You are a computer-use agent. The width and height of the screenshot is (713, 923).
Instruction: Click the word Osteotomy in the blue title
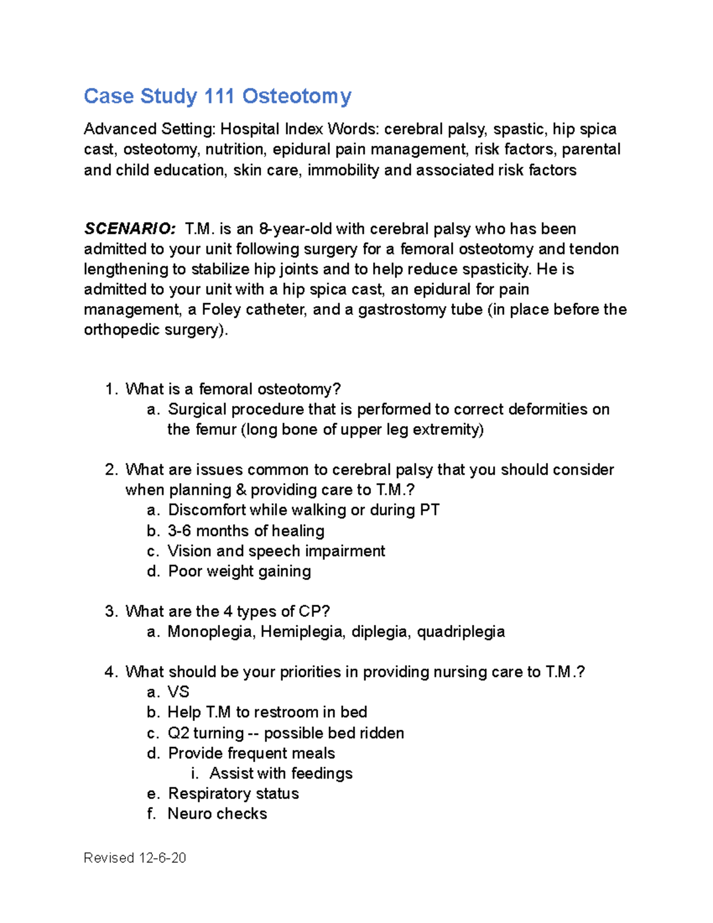click(x=296, y=96)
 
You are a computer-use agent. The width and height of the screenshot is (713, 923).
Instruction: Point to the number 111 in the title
click(x=219, y=96)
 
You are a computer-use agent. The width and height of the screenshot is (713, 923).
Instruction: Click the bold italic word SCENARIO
click(x=130, y=229)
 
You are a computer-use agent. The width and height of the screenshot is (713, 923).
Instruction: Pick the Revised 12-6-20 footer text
click(x=135, y=858)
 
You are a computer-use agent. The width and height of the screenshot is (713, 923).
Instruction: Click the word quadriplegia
click(x=460, y=631)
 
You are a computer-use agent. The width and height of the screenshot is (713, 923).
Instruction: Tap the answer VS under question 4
click(x=178, y=692)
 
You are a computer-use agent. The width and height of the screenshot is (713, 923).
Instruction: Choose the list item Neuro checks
click(x=217, y=814)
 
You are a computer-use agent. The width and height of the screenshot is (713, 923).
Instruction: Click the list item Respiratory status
click(x=233, y=793)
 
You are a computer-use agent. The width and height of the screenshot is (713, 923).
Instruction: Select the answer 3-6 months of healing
click(x=246, y=531)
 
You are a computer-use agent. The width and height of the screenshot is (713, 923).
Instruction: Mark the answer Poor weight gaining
click(x=239, y=571)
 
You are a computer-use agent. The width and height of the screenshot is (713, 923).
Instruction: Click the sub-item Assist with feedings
click(x=280, y=773)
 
